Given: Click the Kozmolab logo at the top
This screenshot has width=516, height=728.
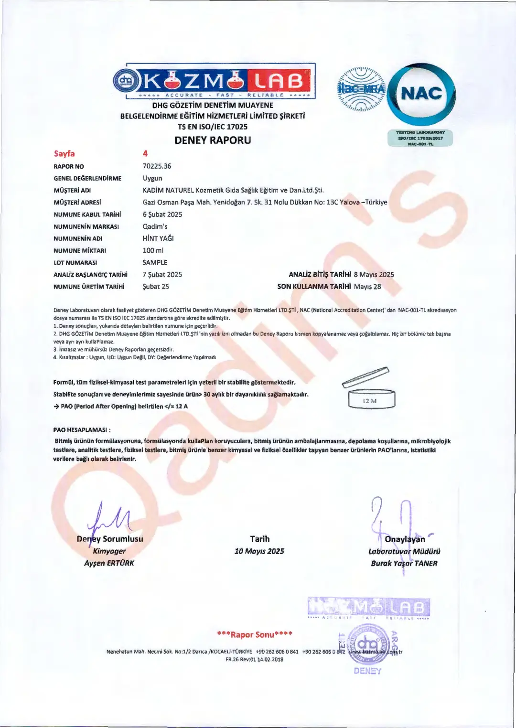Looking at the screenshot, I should tap(215, 81).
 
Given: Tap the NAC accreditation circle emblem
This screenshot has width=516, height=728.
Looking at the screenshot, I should tap(421, 94).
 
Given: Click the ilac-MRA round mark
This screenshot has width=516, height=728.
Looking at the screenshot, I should tap(361, 89).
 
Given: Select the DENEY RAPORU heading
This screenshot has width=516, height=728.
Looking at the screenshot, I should tap(213, 140).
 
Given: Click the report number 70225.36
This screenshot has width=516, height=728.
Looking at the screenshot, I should tap(157, 166).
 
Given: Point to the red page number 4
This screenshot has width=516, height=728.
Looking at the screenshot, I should tap(145, 153).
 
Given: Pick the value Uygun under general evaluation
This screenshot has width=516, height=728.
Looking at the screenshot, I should tap(152, 178).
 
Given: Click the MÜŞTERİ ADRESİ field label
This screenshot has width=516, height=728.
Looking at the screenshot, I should tap(77, 203).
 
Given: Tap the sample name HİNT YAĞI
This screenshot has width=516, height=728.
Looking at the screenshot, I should tap(158, 238).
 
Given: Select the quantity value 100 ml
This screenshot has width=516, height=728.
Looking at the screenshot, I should tap(153, 250).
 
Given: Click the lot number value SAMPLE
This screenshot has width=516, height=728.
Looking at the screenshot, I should tap(155, 263).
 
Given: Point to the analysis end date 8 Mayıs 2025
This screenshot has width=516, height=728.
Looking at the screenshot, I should tap(374, 275).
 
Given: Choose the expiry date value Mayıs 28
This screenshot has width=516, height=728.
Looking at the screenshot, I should tap(367, 287).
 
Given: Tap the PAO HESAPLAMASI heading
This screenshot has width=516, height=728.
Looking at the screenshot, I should tap(82, 430).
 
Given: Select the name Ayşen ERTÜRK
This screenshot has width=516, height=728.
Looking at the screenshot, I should tap(109, 563).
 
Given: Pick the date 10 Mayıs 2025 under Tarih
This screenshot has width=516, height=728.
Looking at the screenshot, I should tap(259, 551).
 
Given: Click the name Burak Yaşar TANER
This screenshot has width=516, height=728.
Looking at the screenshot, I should tap(404, 564).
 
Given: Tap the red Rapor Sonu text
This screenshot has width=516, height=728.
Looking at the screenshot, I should tap(254, 634).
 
